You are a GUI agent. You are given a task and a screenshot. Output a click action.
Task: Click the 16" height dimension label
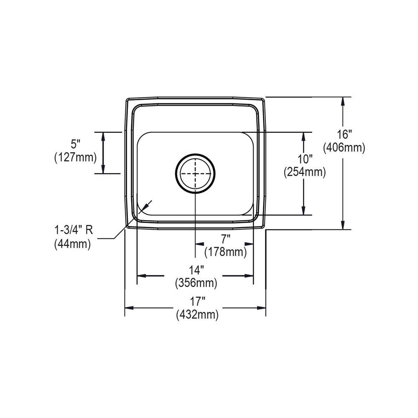344,134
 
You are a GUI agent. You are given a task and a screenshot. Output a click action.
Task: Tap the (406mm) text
344,148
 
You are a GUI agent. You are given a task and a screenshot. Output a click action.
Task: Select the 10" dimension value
305,160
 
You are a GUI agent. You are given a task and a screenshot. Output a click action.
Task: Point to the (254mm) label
305,172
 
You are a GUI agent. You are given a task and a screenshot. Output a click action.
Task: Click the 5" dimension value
75,144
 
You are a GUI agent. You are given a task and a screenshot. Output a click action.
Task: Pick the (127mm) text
75,157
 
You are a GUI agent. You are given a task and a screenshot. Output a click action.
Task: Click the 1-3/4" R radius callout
74,230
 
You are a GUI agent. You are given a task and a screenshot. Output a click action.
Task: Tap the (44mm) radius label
73,244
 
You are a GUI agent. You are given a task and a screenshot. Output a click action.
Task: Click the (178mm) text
226,252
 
